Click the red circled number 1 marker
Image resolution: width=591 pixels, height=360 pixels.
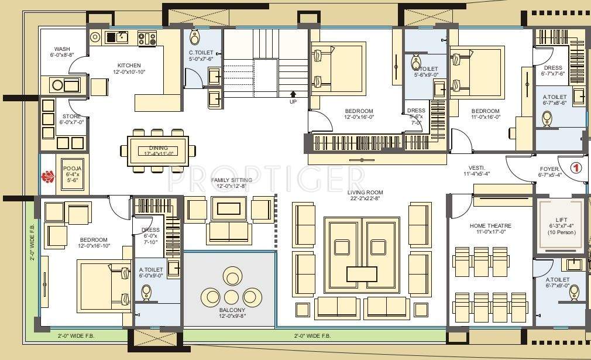point(576,167)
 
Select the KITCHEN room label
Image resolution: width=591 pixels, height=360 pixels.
point(129,68)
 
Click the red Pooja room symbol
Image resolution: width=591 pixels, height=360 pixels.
point(47,175)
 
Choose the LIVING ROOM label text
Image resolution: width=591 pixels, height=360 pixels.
point(365,196)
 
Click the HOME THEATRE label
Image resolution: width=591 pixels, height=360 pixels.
point(490,229)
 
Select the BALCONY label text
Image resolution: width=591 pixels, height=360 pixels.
point(232,313)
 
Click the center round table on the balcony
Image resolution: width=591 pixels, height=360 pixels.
point(232,296)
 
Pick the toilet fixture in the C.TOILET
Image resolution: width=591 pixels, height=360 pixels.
point(195,38)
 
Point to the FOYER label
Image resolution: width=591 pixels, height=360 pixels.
point(549,172)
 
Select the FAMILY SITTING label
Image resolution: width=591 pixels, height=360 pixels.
point(232,183)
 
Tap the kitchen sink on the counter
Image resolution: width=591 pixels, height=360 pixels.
point(122,38)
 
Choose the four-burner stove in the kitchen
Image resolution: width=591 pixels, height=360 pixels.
point(147,39)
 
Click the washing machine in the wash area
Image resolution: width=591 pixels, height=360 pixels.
point(57,85)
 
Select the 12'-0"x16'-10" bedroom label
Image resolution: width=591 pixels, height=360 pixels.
point(94,243)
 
